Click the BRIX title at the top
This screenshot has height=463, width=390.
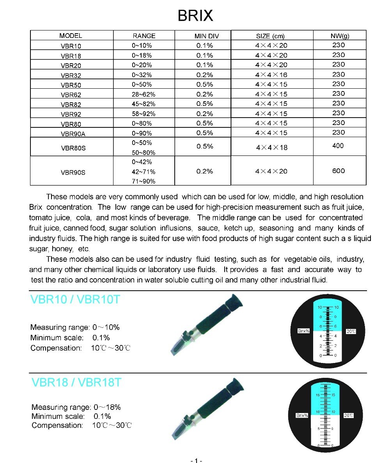195,15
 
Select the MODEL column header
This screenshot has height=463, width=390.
71,36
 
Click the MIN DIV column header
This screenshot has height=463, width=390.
207,36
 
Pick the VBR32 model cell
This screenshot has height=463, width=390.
71,75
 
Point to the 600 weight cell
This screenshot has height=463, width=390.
339,171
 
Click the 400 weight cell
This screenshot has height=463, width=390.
338,146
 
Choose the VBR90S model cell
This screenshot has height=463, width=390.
73,172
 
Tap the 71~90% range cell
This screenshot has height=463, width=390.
144,181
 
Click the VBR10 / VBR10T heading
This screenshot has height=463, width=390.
75,300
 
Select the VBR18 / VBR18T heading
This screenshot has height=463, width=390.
76,383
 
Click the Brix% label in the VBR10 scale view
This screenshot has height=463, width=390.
303,331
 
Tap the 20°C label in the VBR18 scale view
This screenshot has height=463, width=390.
348,415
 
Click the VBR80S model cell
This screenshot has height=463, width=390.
73,148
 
